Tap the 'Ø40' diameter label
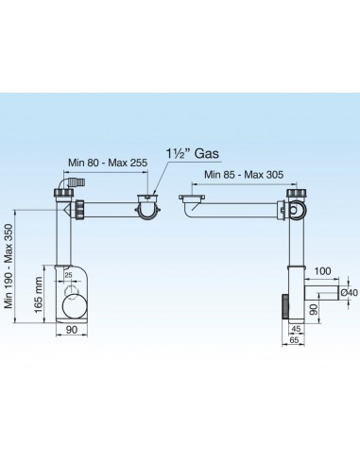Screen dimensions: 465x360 [x=349, y=293]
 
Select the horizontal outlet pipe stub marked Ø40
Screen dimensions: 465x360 [x=324, y=294]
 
